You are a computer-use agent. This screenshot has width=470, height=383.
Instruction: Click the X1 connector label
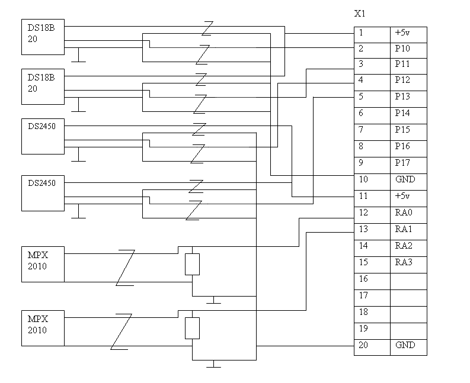pyautogui.click(x=359, y=13)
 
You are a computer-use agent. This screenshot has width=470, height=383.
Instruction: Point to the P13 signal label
pyautogui.click(x=402, y=96)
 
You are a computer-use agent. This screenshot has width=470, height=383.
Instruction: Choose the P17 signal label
pyautogui.click(x=402, y=163)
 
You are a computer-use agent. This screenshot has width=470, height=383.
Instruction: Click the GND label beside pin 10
pyautogui.click(x=405, y=179)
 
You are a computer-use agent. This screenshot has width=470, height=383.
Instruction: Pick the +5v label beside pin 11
pyautogui.click(x=402, y=196)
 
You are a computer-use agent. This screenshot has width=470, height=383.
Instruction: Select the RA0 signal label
pyautogui.click(x=403, y=213)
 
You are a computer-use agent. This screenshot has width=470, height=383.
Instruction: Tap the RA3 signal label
pyautogui.click(x=403, y=262)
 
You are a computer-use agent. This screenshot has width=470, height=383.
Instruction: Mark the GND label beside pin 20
pyautogui.click(x=405, y=345)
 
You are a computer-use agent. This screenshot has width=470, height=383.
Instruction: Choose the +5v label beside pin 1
pyautogui.click(x=402, y=33)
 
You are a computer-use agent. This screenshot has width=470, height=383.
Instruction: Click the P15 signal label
pyautogui.click(x=402, y=130)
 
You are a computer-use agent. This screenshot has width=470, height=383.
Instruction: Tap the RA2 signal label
pyautogui.click(x=403, y=246)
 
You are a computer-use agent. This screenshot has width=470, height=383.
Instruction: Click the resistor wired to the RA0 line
pyautogui.click(x=192, y=264)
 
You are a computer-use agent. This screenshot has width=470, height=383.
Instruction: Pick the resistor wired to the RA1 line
pyautogui.click(x=192, y=328)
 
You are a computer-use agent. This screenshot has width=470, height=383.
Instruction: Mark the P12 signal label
pyautogui.click(x=402, y=80)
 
